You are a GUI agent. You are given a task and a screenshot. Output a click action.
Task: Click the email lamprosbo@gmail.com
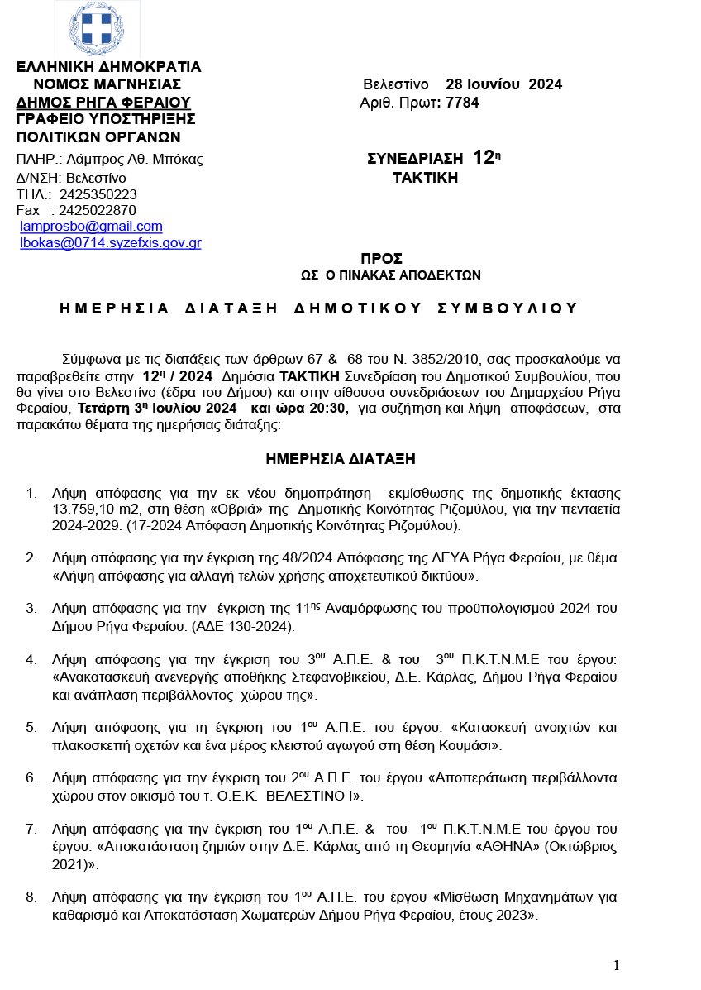pyautogui.click(x=91, y=227)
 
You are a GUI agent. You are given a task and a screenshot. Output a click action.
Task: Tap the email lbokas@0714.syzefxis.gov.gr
pyautogui.click(x=111, y=243)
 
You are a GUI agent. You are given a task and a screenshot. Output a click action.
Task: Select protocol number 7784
pyautogui.click(x=462, y=103)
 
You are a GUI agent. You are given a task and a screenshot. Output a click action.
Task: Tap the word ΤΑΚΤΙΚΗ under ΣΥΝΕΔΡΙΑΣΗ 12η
pyautogui.click(x=424, y=178)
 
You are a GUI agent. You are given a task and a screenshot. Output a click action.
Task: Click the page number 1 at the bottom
pyautogui.click(x=616, y=965)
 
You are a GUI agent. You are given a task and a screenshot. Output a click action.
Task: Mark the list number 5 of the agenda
pyautogui.click(x=31, y=728)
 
